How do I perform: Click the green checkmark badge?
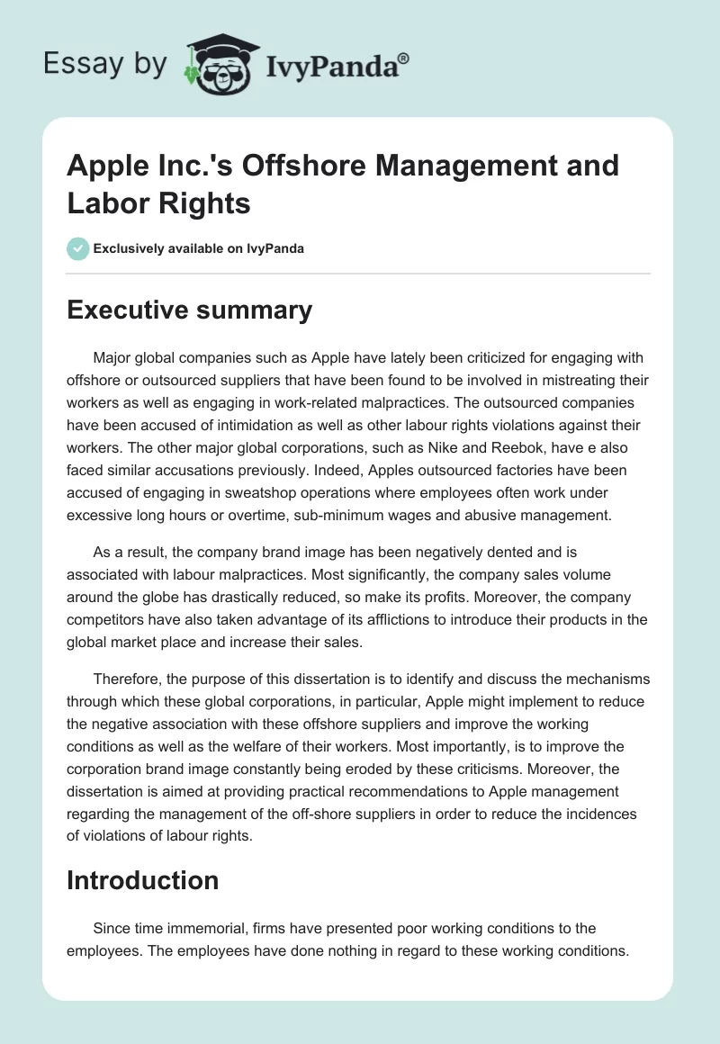click(x=78, y=248)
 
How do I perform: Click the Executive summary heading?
click(x=189, y=310)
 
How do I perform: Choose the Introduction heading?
click(x=143, y=879)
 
